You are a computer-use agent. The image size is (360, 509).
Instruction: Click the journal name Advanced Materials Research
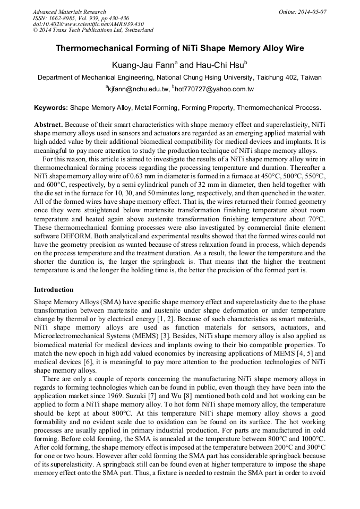[x=69, y=12]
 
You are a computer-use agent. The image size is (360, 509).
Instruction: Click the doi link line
[x=88, y=24]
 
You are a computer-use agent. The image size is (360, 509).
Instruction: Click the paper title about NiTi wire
[x=180, y=48]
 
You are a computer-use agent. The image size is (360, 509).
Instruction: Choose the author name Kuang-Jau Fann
[x=151, y=65]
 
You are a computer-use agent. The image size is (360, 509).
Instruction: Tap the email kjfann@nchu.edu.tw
[x=137, y=89]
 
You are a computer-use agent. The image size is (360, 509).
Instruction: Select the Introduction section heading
[x=54, y=290]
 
